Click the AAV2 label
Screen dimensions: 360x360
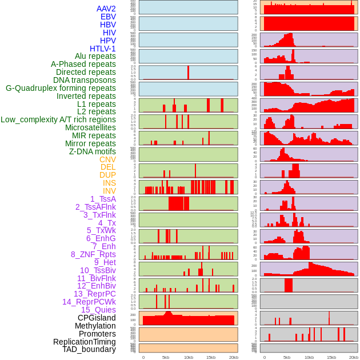(x=106, y=9)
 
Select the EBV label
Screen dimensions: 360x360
(x=108, y=17)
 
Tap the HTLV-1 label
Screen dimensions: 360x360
(x=103, y=49)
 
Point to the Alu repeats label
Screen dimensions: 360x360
(x=95, y=57)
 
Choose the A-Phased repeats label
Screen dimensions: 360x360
(x=83, y=65)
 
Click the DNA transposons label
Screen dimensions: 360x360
(x=85, y=81)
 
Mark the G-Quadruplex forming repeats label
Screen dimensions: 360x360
(x=61, y=89)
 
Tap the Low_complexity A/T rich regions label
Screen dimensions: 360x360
(x=58, y=120)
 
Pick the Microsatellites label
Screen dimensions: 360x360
(x=90, y=128)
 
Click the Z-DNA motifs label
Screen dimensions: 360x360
(x=93, y=151)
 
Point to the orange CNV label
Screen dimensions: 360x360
(x=107, y=159)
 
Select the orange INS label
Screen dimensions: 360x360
(x=109, y=183)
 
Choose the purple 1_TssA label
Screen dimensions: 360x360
(x=103, y=199)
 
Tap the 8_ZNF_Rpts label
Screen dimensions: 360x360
(x=93, y=254)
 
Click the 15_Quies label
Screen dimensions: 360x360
(x=98, y=310)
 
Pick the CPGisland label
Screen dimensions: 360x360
(x=97, y=318)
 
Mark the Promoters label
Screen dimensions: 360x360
(x=97, y=334)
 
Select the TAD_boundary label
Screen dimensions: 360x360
(x=89, y=349)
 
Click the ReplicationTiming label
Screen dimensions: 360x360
(x=85, y=342)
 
